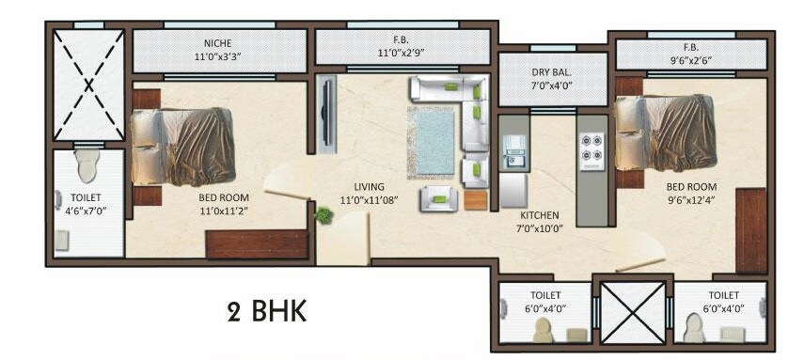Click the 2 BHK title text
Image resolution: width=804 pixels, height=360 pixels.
click(x=266, y=312)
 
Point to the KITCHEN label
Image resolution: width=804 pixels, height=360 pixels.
click(x=540, y=214)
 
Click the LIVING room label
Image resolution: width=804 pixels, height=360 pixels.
click(x=362, y=186)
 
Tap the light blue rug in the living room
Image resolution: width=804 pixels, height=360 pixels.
click(x=433, y=140)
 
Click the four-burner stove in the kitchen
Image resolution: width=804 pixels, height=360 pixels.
click(x=591, y=144)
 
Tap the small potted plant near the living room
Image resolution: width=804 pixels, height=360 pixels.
click(x=323, y=215)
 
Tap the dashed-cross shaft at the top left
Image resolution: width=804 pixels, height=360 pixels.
click(x=87, y=86)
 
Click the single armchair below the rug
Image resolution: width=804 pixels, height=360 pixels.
click(x=436, y=197)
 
